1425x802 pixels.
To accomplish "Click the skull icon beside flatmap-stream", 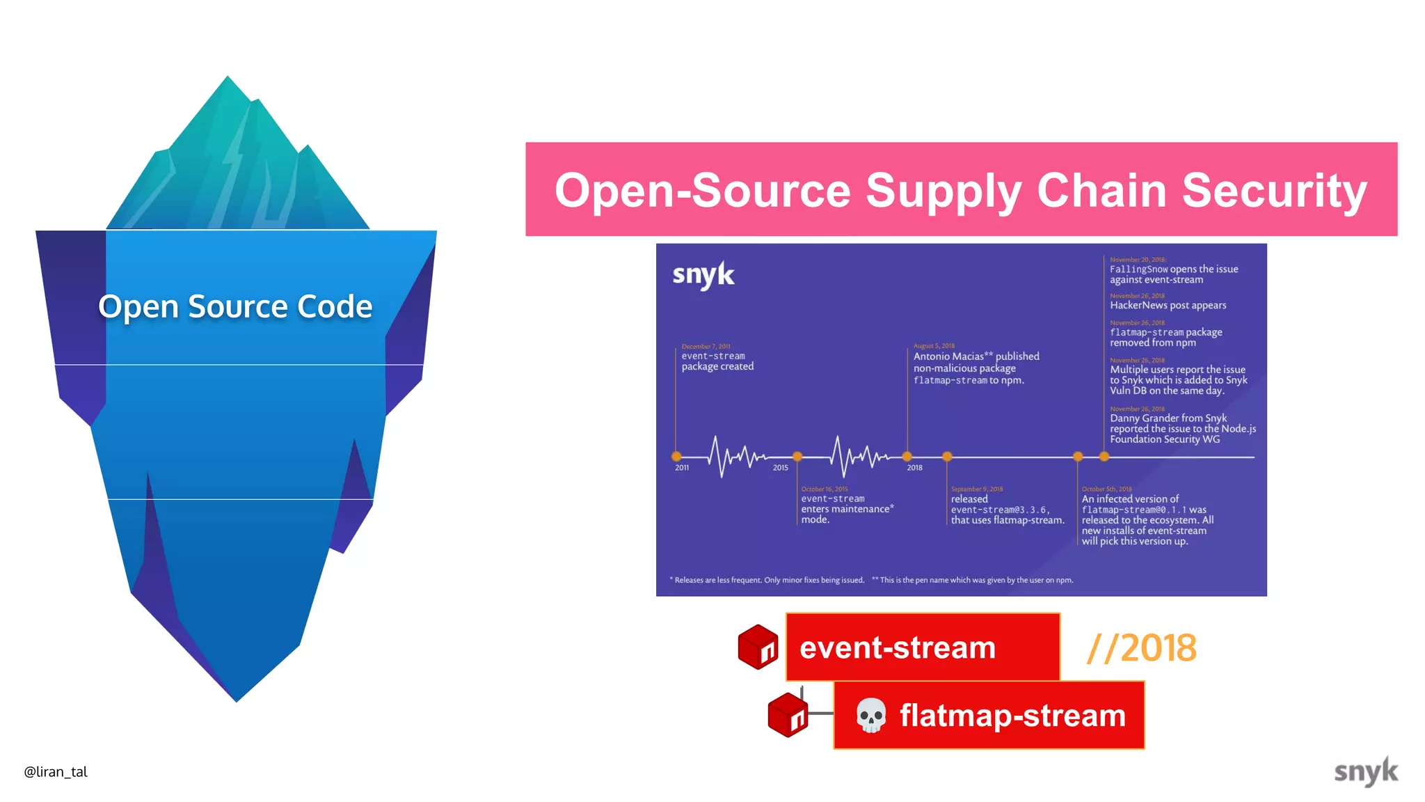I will [x=870, y=715].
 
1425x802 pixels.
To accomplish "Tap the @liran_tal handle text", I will [x=56, y=771].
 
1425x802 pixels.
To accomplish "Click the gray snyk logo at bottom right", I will [x=1365, y=771].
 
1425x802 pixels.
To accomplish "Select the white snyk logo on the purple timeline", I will [x=703, y=275].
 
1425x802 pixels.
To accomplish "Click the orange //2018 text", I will [x=1141, y=648].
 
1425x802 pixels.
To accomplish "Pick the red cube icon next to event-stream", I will [x=758, y=647].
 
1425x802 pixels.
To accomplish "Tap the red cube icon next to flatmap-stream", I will [x=788, y=714].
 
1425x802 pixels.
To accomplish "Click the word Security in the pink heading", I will [x=1275, y=190].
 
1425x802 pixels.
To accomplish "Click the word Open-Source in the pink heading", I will [x=703, y=190].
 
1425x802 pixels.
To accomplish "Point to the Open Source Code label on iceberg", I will [x=235, y=306].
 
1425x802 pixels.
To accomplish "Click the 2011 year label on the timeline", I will [x=682, y=468].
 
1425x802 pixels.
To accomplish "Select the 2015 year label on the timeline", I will [x=780, y=468].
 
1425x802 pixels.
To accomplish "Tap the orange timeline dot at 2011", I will [x=676, y=457].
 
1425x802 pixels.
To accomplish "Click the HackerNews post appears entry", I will [x=1168, y=305].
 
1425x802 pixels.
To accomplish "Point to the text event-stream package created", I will [x=717, y=361].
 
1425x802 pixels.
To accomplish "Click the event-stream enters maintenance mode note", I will [x=846, y=509].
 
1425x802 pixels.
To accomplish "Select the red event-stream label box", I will [x=923, y=647].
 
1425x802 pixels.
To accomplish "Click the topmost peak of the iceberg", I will [x=228, y=79].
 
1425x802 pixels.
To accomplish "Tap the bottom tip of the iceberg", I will [x=237, y=700].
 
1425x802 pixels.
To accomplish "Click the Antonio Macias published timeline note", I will [x=976, y=368].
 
